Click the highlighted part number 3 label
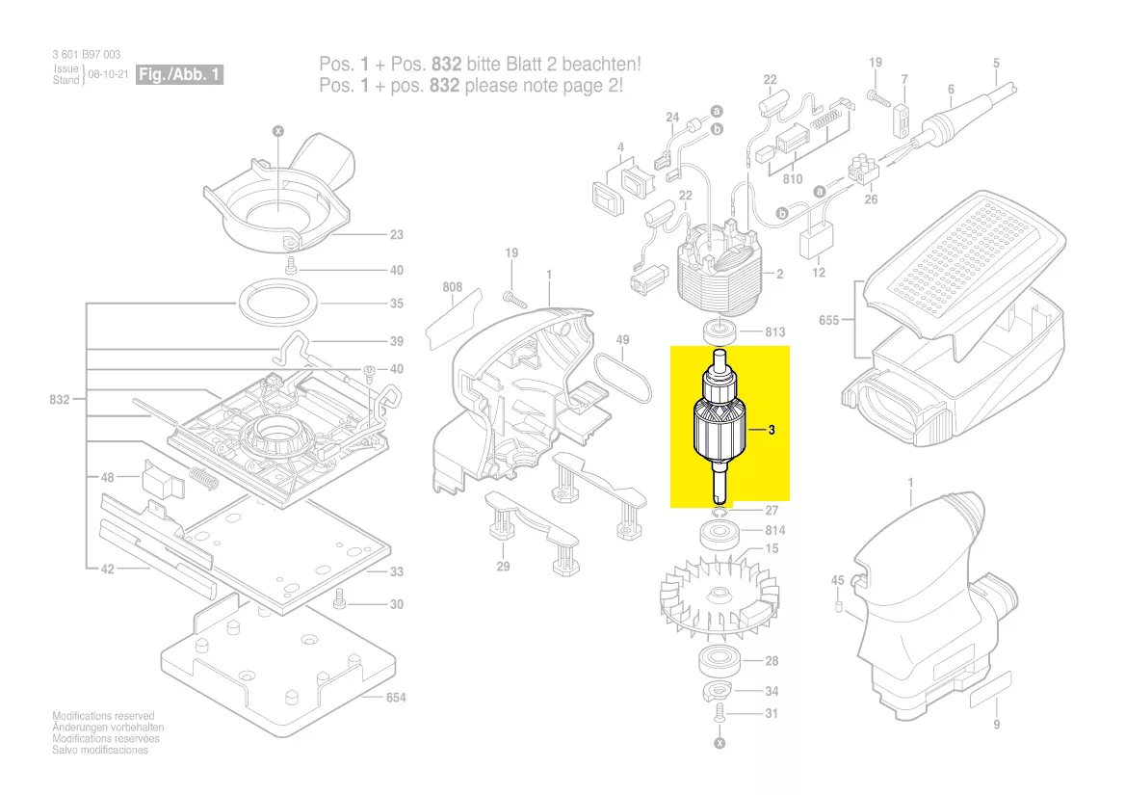(x=772, y=430)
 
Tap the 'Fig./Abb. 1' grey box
(x=179, y=74)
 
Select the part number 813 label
(x=774, y=332)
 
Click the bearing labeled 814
(x=719, y=535)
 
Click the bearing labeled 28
(x=719, y=660)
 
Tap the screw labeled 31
(x=719, y=713)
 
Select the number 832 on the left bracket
(x=60, y=399)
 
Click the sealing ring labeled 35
(x=277, y=303)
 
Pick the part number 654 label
(x=396, y=698)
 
